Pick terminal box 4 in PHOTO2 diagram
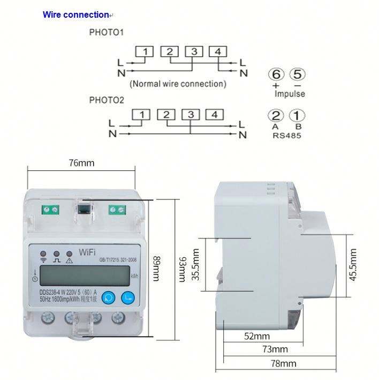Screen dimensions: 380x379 click(214, 114)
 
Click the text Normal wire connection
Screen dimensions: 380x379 click(178, 84)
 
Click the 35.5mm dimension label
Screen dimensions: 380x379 click(196, 264)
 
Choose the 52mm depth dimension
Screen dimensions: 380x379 click(257, 337)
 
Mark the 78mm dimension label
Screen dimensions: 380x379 click(283, 363)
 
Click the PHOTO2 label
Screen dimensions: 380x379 click(107, 100)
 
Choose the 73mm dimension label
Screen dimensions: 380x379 click(275, 349)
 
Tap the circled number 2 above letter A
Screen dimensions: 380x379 click(276, 116)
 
